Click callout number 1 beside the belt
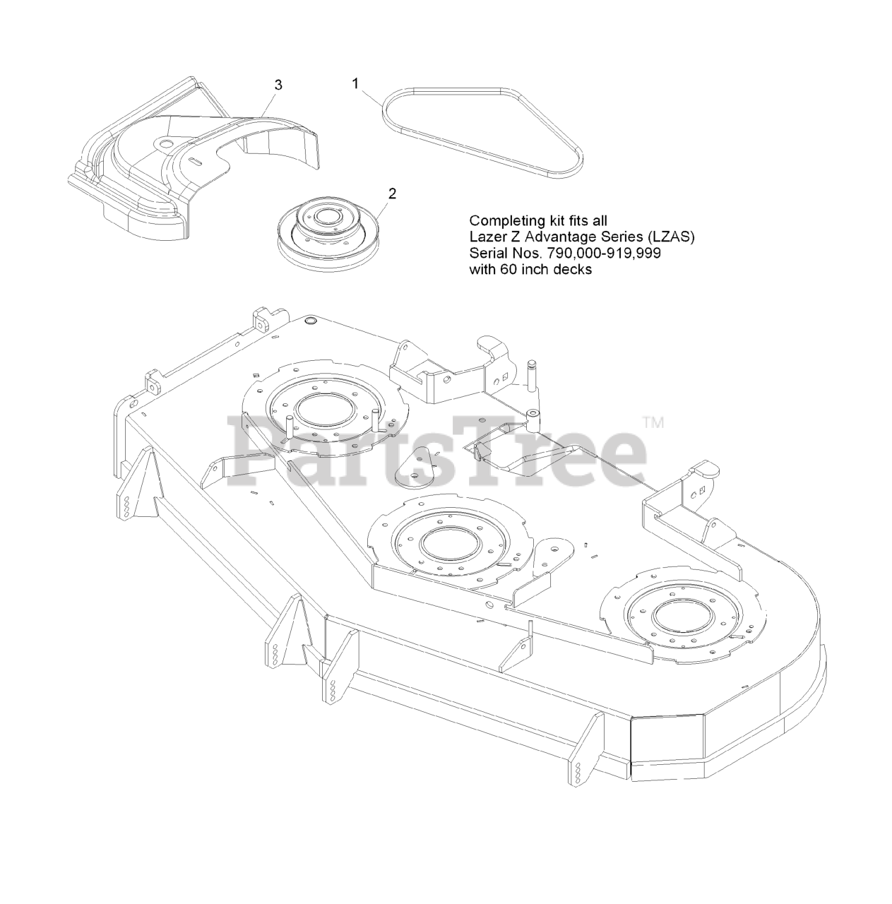click(x=355, y=83)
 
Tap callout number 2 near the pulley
click(x=393, y=194)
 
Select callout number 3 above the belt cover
click(x=278, y=85)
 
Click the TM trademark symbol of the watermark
click(x=653, y=424)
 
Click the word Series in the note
click(x=627, y=237)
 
